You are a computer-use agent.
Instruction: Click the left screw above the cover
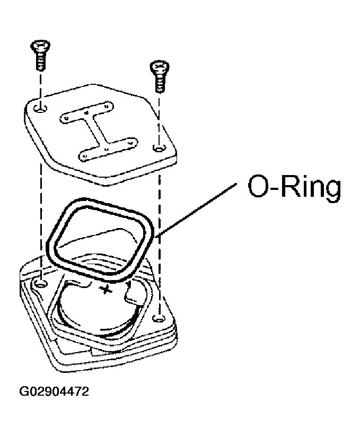click(41, 55)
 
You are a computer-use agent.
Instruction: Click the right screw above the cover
click(159, 76)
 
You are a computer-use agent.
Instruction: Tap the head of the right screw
click(160, 67)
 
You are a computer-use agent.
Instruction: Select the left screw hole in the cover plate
click(41, 109)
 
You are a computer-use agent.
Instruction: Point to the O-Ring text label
click(294, 186)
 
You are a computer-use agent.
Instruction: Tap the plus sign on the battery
click(106, 290)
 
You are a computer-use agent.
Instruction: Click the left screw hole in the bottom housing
click(41, 284)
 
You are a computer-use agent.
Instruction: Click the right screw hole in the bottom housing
click(159, 318)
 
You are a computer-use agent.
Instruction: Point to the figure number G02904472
click(54, 391)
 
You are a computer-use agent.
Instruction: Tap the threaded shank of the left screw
click(41, 63)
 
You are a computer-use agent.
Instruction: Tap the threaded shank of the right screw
click(160, 84)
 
